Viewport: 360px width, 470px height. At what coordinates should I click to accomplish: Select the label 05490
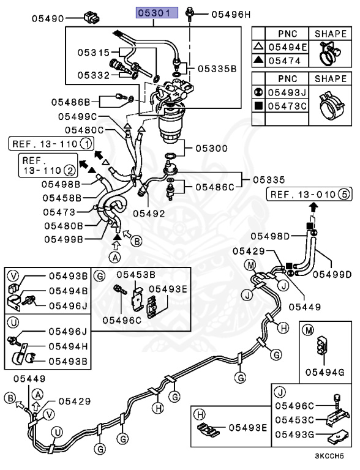(x=49, y=19)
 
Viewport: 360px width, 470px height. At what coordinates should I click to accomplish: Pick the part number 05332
(x=93, y=75)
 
